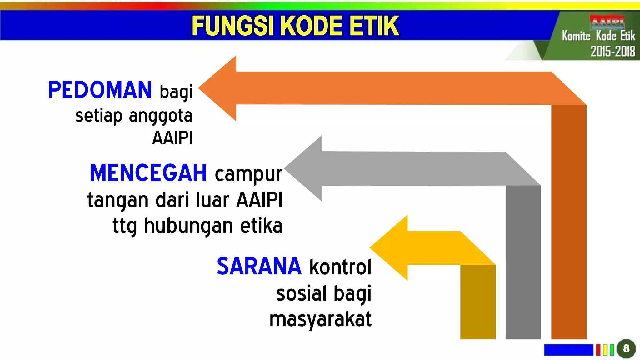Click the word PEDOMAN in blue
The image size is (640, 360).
click(x=100, y=90)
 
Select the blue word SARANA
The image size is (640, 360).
click(x=259, y=267)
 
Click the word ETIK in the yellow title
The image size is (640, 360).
click(x=374, y=26)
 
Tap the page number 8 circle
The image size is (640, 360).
click(x=626, y=348)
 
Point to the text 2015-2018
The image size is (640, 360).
click(x=612, y=51)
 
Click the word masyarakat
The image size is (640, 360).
click(x=320, y=319)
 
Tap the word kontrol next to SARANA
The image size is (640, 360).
click(x=340, y=267)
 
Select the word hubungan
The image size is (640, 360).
click(x=188, y=226)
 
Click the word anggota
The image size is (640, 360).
click(x=161, y=116)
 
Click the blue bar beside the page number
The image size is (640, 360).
click(x=568, y=350)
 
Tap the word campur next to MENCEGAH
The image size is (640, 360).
click(x=248, y=174)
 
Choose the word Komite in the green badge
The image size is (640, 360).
click(x=576, y=36)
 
